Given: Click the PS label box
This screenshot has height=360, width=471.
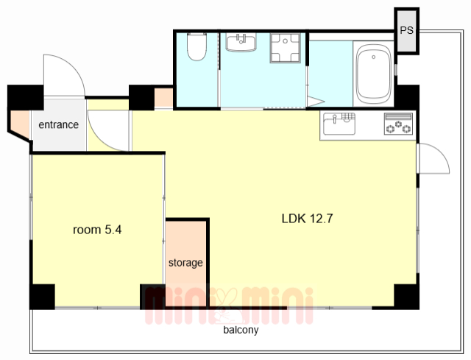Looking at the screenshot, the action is (407, 31).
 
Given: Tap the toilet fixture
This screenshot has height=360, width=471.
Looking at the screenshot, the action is (196, 46).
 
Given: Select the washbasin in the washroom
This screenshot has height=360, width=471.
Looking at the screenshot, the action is (241, 43).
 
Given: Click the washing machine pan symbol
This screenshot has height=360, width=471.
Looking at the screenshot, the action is (285, 48).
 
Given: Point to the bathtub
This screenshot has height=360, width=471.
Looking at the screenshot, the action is (373, 74).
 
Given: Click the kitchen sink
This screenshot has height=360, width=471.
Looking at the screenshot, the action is (339, 124).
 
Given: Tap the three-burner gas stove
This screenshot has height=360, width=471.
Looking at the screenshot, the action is (398, 124).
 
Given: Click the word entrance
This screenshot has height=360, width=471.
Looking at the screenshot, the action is (59, 124).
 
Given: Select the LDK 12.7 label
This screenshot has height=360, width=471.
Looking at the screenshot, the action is (308, 219).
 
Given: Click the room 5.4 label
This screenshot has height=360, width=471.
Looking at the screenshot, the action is (97, 230).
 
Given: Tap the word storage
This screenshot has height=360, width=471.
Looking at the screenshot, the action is (185, 263).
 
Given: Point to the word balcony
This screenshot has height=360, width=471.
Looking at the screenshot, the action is (241, 330).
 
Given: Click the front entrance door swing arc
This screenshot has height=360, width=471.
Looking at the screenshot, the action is (74, 65).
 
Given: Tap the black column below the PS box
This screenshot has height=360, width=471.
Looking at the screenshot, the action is (407, 97).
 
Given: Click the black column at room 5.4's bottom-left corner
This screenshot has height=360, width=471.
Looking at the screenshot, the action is (42, 297).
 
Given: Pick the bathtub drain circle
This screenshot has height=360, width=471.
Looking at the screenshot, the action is (373, 57).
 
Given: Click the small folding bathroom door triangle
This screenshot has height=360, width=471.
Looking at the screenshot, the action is (314, 101).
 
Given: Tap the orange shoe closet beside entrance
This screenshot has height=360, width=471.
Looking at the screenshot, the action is (20, 124).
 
